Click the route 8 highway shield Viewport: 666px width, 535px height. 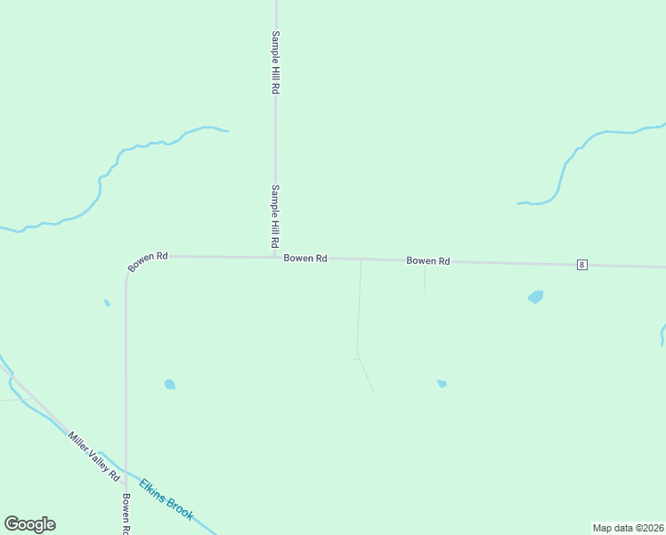pos(581,265)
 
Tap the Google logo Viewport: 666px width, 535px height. pos(29,524)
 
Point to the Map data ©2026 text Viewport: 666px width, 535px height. pos(628,527)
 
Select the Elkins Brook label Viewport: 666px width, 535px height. pos(166,499)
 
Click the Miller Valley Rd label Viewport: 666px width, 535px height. pos(93,457)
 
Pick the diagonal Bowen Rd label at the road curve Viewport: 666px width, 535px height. pos(148,261)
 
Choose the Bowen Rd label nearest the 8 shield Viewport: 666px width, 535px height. pos(428,261)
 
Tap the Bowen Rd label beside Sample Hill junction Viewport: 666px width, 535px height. pos(305,258)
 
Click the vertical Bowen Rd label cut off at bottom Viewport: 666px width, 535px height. pos(126,514)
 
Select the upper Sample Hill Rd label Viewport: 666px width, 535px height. pos(276,62)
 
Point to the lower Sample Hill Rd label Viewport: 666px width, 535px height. pos(276,216)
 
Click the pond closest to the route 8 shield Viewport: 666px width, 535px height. pos(535,297)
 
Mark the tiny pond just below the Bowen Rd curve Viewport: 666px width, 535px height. pos(107,303)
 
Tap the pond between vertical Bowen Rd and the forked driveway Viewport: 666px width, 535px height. pos(169,384)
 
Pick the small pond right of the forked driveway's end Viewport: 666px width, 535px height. pos(442,383)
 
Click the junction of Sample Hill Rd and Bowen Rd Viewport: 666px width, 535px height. pos(275,258)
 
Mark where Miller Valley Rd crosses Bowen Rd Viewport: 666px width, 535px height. pos(126,472)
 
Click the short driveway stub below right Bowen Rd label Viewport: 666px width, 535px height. pos(425,280)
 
